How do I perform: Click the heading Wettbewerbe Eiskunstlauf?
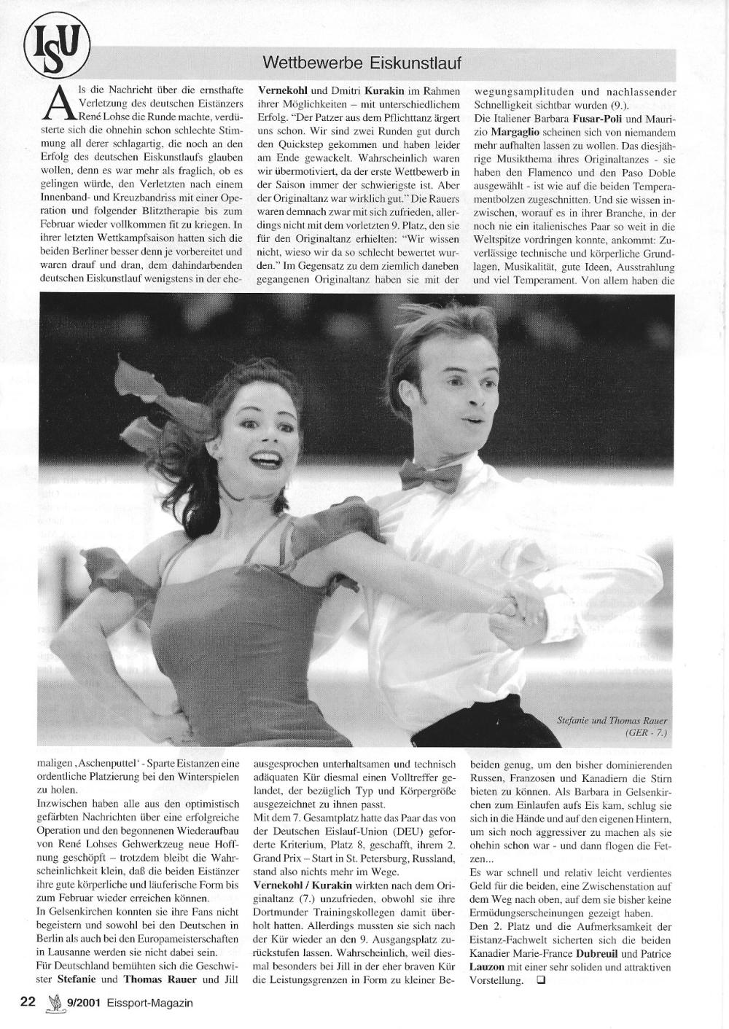(362, 63)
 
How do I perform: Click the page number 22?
(28, 1003)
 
